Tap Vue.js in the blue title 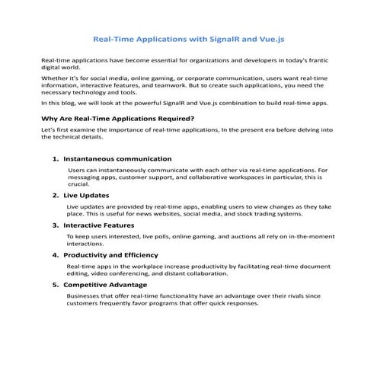(272, 37)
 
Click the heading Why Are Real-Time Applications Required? (117, 118)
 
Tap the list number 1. (55, 158)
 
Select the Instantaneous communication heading (117, 158)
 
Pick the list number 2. (55, 196)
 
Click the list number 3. (55, 225)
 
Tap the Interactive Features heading (99, 225)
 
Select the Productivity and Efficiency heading (111, 254)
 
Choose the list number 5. (55, 284)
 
